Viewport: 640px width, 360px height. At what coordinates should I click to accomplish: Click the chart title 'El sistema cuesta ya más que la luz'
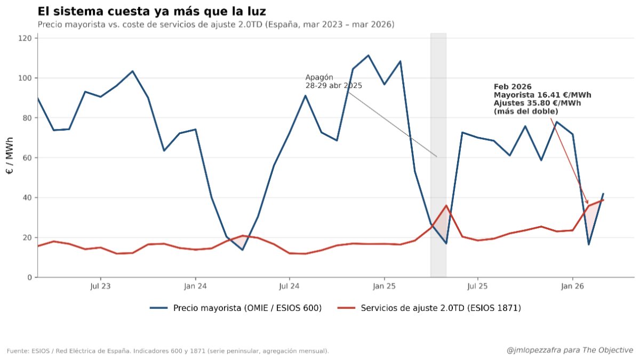pyautogui.click(x=151, y=11)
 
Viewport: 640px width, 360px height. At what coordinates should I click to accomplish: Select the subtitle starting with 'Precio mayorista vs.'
pyautogui.click(x=216, y=25)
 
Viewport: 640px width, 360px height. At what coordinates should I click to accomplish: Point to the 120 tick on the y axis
pyautogui.click(x=26, y=38)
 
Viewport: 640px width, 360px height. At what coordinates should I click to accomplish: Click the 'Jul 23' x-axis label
pyautogui.click(x=101, y=286)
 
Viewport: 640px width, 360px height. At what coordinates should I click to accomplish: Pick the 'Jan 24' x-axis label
pyautogui.click(x=196, y=286)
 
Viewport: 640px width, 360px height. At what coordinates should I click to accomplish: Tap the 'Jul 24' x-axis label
pyautogui.click(x=289, y=286)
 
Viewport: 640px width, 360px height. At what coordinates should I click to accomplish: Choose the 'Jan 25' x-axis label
pyautogui.click(x=384, y=286)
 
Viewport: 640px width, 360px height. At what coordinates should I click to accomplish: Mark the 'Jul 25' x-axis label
pyautogui.click(x=477, y=286)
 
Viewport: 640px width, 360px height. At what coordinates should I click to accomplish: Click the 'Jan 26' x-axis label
pyautogui.click(x=572, y=286)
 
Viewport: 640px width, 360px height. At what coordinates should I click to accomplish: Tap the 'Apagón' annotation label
pyautogui.click(x=319, y=77)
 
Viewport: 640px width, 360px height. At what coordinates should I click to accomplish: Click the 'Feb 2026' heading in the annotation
pyautogui.click(x=513, y=86)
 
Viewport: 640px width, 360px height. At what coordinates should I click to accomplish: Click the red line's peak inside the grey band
pyautogui.click(x=446, y=205)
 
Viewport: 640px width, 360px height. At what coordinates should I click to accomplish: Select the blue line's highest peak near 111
pyautogui.click(x=368, y=55)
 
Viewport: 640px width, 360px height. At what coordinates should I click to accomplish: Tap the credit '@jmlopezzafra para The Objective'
pyautogui.click(x=570, y=350)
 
